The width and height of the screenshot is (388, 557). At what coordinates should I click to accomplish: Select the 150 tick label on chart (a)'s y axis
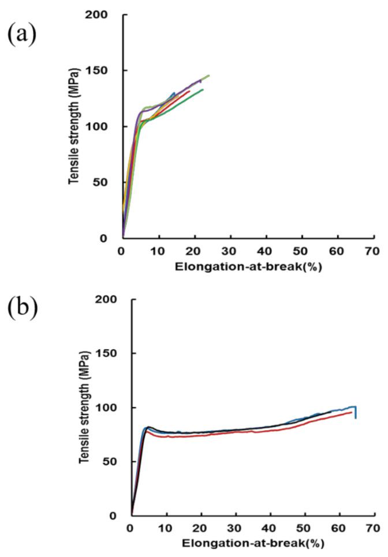[x=104, y=70]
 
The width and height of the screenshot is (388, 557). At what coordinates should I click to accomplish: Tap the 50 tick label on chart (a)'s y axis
[x=107, y=182]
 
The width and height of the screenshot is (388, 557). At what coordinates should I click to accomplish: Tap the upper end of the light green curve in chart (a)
[x=208, y=76]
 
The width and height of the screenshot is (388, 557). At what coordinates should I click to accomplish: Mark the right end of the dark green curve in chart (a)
[x=203, y=89]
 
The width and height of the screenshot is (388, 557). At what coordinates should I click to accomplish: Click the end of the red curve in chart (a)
[x=189, y=91]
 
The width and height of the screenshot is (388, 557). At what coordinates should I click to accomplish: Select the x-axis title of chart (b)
[x=252, y=543]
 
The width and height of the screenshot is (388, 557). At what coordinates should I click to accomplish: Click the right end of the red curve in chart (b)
[x=351, y=412]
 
